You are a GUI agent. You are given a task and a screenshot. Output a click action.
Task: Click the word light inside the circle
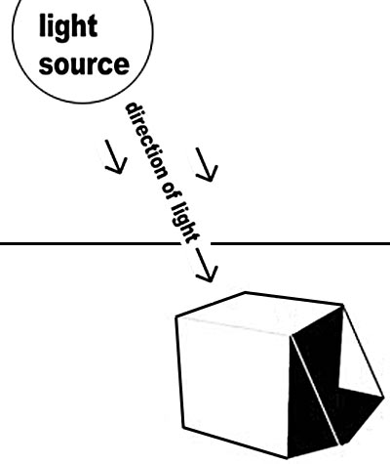(x=68, y=27)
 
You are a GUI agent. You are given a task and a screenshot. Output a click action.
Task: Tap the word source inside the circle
(x=84, y=64)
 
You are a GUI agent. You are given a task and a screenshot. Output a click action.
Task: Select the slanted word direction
(x=145, y=142)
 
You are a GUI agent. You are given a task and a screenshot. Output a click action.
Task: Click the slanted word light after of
(x=186, y=223)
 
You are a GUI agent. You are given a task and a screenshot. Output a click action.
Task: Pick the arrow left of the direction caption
(x=115, y=157)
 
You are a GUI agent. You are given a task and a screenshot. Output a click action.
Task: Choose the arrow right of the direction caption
(x=207, y=165)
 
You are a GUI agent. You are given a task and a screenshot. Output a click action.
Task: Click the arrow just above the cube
(x=207, y=265)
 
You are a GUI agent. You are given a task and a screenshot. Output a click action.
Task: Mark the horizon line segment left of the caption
(x=90, y=243)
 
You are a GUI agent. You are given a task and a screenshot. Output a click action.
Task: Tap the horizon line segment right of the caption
(x=300, y=243)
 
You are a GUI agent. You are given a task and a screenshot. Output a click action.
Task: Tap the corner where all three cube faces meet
(x=292, y=335)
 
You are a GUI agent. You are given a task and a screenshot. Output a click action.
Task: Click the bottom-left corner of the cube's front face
(x=183, y=427)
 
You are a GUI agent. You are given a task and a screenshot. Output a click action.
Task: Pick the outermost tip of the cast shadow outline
(x=384, y=397)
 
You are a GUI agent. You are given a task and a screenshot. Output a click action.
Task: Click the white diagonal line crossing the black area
(x=315, y=391)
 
